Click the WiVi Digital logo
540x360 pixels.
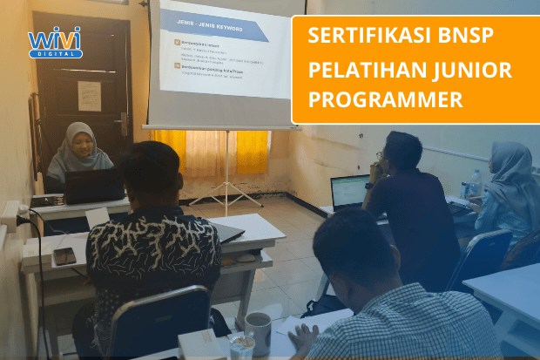click(x=55, y=42)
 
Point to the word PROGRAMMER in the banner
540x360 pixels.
click(x=386, y=100)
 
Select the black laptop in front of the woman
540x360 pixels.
click(x=94, y=186)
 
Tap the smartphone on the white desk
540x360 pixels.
click(x=64, y=255)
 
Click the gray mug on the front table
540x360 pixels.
click(x=258, y=332)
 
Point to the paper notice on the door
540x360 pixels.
click(x=89, y=95)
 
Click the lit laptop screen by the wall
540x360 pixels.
click(x=351, y=191)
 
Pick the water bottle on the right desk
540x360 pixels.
click(x=474, y=183)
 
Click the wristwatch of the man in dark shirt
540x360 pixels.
click(x=370, y=185)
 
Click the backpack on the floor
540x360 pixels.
click(x=324, y=304)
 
